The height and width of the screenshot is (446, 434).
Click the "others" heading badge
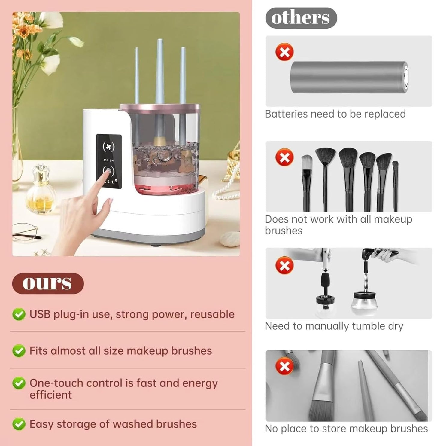[301, 18]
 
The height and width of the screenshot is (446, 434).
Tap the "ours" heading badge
[47, 283]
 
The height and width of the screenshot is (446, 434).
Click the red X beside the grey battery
[284, 52]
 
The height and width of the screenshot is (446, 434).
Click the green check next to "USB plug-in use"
[19, 315]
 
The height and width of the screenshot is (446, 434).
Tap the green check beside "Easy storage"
[19, 424]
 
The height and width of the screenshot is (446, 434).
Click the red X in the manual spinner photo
[284, 266]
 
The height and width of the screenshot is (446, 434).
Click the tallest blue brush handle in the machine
[159, 72]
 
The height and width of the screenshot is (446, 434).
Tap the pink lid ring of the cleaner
[159, 107]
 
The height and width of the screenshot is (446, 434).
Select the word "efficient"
[50, 395]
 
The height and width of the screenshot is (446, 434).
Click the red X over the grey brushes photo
[284, 367]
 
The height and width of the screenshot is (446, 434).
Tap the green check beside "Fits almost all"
[19, 351]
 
